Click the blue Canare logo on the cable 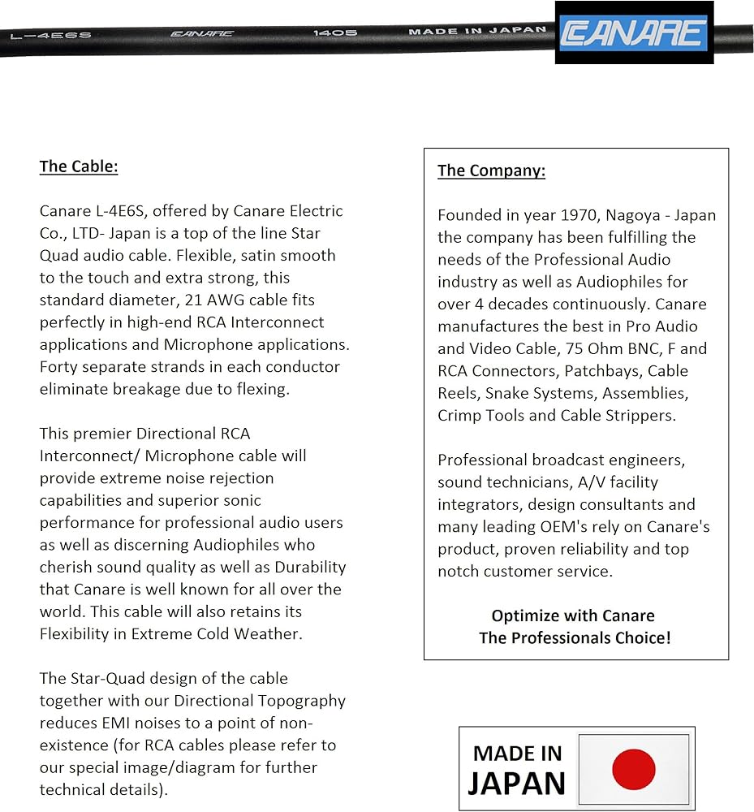pos(634,32)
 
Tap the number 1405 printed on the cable pos(335,33)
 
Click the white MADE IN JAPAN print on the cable pos(477,32)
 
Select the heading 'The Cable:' pos(79,166)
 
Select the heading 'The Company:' pos(491,171)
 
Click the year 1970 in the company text pos(576,215)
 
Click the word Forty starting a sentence pos(60,366)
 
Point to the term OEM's pos(567,526)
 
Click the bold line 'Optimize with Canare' pos(573,615)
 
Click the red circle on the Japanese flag pos(633,769)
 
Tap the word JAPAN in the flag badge pos(516,782)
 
